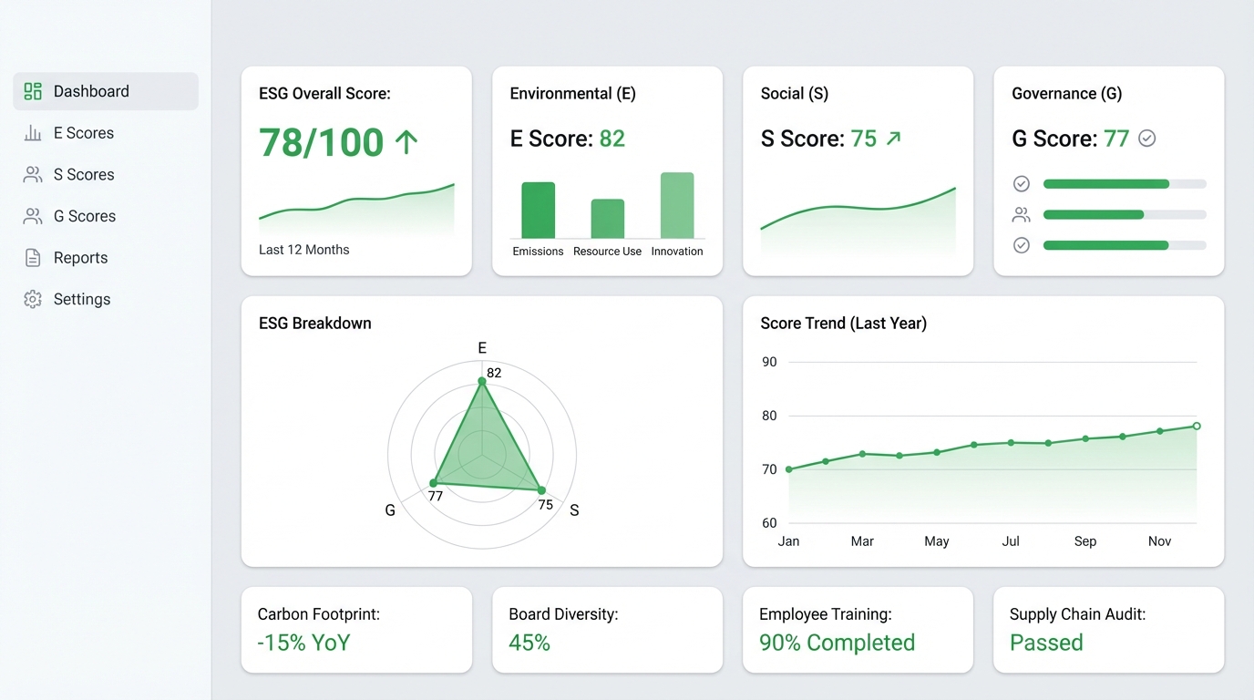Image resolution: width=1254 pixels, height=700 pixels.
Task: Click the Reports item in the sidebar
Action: click(66, 258)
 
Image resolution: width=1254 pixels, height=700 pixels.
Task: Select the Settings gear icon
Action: click(33, 299)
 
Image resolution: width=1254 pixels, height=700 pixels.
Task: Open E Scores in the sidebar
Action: click(69, 133)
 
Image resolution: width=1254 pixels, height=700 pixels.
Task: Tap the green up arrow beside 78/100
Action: click(406, 142)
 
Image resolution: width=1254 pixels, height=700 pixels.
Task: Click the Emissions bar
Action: click(538, 210)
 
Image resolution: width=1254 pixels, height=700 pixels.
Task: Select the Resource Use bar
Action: click(607, 219)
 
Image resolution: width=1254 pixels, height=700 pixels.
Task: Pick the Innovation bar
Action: click(677, 205)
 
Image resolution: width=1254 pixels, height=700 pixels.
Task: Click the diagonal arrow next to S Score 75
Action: click(893, 139)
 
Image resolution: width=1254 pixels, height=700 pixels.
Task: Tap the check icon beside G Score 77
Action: click(1146, 139)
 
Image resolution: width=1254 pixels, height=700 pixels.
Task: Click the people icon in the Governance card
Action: click(1021, 214)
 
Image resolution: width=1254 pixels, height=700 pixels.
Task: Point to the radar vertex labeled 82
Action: click(482, 381)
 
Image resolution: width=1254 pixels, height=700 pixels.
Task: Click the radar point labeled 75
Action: click(541, 490)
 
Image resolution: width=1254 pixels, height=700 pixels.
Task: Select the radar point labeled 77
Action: click(433, 483)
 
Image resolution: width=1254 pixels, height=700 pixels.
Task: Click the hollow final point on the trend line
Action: click(1197, 427)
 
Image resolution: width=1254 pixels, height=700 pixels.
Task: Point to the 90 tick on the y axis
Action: click(769, 362)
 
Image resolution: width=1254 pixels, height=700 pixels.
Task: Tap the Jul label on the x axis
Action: click(1011, 541)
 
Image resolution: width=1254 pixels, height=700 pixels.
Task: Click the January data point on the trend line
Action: click(789, 469)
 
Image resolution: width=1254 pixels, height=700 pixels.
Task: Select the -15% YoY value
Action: click(304, 643)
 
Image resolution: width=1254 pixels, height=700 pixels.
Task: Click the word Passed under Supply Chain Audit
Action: click(1046, 643)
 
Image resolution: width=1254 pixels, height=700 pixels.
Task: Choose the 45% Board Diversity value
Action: click(529, 643)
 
